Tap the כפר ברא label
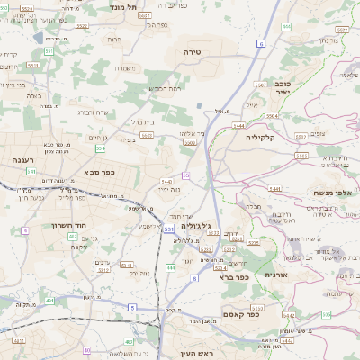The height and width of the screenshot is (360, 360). pos(233,277)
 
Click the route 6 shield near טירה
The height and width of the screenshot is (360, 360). pos(261,42)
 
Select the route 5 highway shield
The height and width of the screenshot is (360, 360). pos(133,307)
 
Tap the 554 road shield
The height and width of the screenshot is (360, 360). pos(101,148)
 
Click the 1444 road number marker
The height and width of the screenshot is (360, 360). pos(238,127)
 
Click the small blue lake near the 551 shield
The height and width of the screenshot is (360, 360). pos(39,38)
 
